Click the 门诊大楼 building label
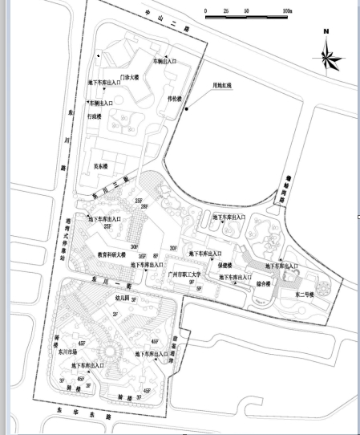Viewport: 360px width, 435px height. pos(129,77)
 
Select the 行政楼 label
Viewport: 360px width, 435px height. pos(95,116)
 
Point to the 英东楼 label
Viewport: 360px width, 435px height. pos(102,166)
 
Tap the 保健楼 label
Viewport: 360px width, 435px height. pos(225,265)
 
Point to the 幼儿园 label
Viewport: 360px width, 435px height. pos(123,297)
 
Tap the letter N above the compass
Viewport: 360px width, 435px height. pos(327,32)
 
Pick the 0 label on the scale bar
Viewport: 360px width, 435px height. pos(206,12)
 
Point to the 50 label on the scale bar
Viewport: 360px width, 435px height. pos(246,12)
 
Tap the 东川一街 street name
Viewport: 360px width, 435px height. pos(105,281)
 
